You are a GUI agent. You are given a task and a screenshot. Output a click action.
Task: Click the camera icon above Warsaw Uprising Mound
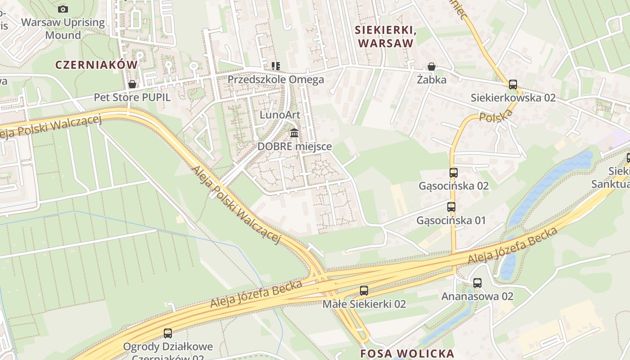tap(63, 9)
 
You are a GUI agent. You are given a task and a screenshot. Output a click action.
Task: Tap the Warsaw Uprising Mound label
tap(63, 29)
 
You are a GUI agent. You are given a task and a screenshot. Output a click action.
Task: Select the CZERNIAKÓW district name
tap(96, 65)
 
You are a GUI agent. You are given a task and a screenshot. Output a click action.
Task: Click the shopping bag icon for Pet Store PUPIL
tap(132, 84)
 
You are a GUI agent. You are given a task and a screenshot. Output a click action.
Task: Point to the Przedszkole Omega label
tap(275, 80)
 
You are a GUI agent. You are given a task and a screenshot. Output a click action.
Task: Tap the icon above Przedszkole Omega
tap(275, 67)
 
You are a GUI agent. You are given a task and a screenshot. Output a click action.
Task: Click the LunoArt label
tap(280, 115)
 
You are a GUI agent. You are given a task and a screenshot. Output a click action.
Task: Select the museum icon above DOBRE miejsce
tap(295, 133)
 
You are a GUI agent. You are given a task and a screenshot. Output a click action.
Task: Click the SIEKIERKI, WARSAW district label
tap(384, 36)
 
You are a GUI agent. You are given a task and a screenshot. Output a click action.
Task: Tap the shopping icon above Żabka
tap(432, 67)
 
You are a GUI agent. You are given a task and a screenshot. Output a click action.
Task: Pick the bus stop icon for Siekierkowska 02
tap(513, 84)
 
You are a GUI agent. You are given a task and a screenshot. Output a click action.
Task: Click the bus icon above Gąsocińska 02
tap(454, 173)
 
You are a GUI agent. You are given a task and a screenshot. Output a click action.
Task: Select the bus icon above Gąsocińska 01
tap(451, 207)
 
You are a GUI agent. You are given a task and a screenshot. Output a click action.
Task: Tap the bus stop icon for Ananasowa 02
tap(477, 283)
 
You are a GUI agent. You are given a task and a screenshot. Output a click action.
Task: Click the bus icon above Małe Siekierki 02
tap(364, 291)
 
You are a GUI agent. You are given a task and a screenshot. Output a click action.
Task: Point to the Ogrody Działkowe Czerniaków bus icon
tap(168, 333)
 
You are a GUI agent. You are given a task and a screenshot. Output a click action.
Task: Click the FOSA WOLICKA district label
tap(407, 353)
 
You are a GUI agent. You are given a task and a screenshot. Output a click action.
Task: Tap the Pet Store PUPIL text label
tap(132, 97)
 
